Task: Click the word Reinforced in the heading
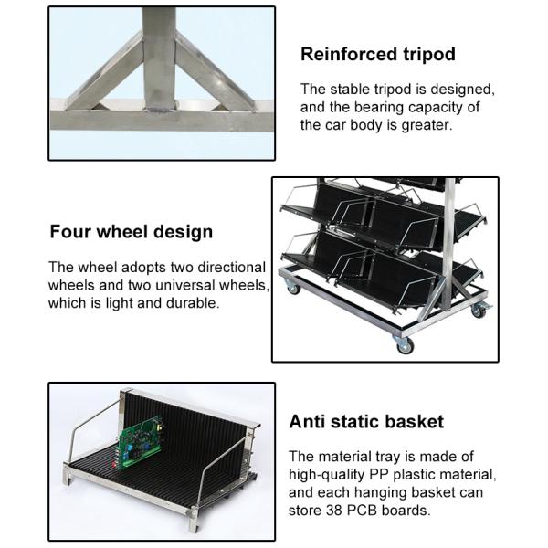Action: tap(349, 54)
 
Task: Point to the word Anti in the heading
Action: tap(307, 421)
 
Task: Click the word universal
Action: tap(185, 285)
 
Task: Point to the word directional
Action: tap(231, 268)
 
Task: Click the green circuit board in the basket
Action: tap(141, 443)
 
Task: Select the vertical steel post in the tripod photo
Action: tap(159, 59)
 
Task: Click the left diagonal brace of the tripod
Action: tap(105, 72)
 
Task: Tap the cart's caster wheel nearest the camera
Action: tap(405, 345)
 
